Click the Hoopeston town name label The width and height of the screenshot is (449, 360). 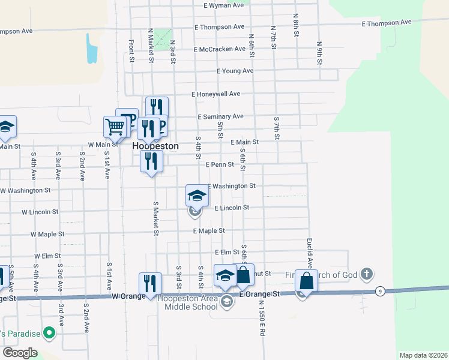(155, 146)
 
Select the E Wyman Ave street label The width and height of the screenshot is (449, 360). (224, 5)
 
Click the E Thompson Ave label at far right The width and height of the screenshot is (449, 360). (387, 22)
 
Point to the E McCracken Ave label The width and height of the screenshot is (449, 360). (220, 49)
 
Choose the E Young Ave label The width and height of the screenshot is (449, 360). (235, 71)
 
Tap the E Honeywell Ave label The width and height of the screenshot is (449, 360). (215, 94)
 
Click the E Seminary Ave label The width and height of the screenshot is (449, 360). (220, 116)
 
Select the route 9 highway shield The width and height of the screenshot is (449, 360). (380, 292)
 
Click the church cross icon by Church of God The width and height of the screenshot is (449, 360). (367, 275)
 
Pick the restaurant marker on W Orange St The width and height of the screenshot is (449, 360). (150, 284)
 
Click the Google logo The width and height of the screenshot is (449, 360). (20, 353)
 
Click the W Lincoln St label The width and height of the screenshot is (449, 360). (40, 212)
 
